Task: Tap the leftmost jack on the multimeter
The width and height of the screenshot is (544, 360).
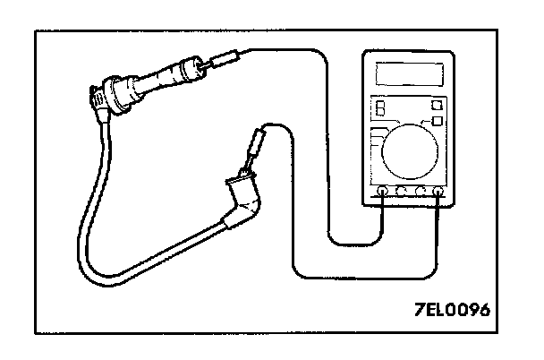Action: click(x=383, y=191)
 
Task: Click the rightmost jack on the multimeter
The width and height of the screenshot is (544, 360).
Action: click(x=438, y=191)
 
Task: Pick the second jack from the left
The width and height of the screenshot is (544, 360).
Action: click(x=401, y=191)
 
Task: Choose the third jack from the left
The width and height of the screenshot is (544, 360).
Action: click(x=420, y=191)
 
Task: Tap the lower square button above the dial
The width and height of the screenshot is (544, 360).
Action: click(x=438, y=120)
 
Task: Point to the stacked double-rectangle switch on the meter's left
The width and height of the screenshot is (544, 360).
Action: click(x=381, y=108)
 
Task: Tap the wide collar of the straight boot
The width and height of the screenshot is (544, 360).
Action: click(x=187, y=69)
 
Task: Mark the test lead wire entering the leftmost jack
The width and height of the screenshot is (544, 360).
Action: click(x=358, y=240)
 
